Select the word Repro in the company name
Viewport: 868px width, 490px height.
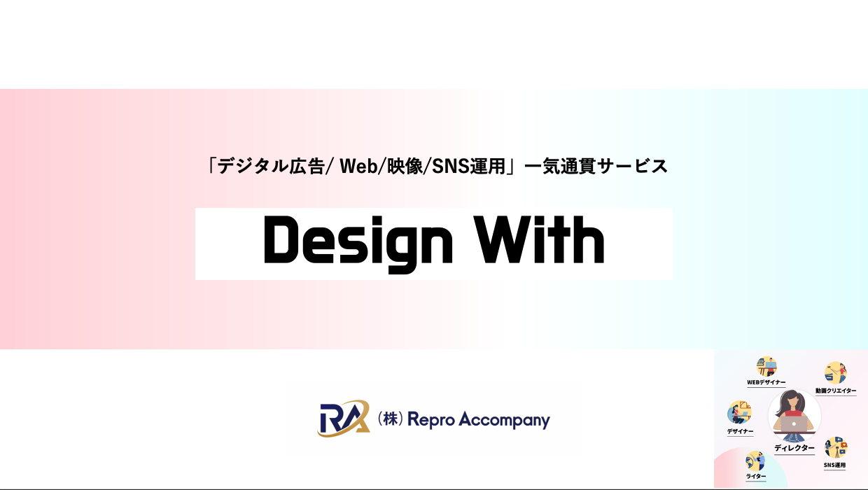(x=433, y=420)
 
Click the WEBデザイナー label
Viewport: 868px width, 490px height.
(x=766, y=383)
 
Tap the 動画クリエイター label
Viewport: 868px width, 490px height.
(x=835, y=391)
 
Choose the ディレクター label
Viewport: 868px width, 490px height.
(x=794, y=448)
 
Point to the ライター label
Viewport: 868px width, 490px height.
(x=755, y=477)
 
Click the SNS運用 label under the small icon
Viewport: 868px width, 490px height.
(x=834, y=465)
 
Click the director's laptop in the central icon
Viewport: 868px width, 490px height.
(x=794, y=423)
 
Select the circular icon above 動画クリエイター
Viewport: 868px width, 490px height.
(x=835, y=373)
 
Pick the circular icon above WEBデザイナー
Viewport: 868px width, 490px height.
(x=766, y=366)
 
